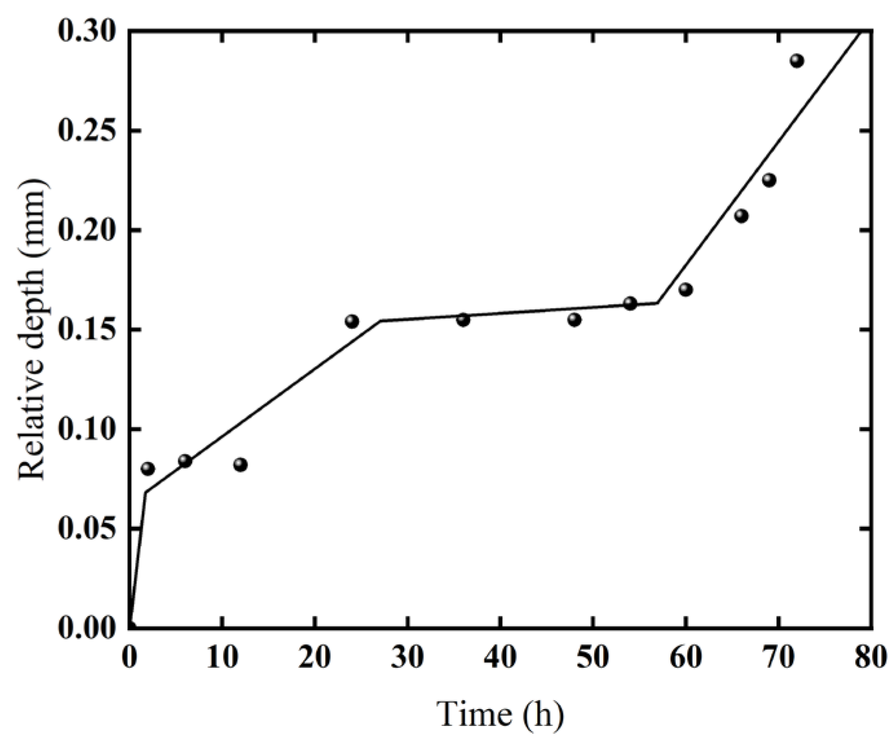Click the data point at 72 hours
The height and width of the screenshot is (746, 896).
click(796, 61)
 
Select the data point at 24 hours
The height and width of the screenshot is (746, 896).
click(352, 321)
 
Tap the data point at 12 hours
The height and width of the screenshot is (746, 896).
click(240, 465)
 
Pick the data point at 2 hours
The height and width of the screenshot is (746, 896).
click(147, 468)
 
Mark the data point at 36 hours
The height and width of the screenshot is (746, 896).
click(463, 320)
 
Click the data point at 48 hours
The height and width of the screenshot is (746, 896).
click(574, 320)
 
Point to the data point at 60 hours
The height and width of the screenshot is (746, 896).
click(686, 289)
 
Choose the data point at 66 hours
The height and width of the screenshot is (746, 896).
click(741, 215)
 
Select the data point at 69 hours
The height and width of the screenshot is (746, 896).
click(769, 180)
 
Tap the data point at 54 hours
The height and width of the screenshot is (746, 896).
click(630, 303)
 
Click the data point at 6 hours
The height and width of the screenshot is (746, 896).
click(185, 461)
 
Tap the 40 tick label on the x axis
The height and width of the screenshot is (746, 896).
click(500, 659)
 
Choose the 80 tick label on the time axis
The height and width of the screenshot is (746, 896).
click(871, 659)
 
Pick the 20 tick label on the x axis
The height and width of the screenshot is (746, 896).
click(315, 659)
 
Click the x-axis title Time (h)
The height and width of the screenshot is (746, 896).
click(500, 714)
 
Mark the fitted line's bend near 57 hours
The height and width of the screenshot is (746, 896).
click(657, 302)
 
